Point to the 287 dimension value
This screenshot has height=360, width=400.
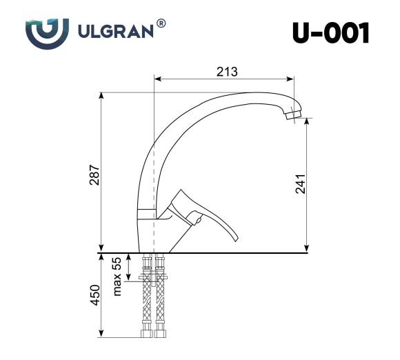click(x=96, y=177)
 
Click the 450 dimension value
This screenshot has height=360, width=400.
click(x=96, y=295)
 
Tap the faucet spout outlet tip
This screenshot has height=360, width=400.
click(x=294, y=117)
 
